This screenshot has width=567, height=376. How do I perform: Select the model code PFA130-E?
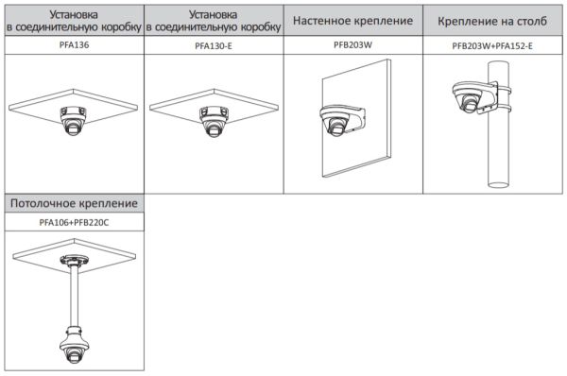(x=215, y=44)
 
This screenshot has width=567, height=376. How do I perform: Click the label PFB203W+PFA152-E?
(x=492, y=44)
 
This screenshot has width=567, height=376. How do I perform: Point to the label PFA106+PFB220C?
(x=74, y=222)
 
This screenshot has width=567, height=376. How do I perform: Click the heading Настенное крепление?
(x=353, y=20)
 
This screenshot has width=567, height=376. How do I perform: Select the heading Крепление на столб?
(x=492, y=20)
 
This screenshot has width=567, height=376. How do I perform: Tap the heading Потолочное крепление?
(x=74, y=203)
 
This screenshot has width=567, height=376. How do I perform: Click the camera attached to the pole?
(x=470, y=103)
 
